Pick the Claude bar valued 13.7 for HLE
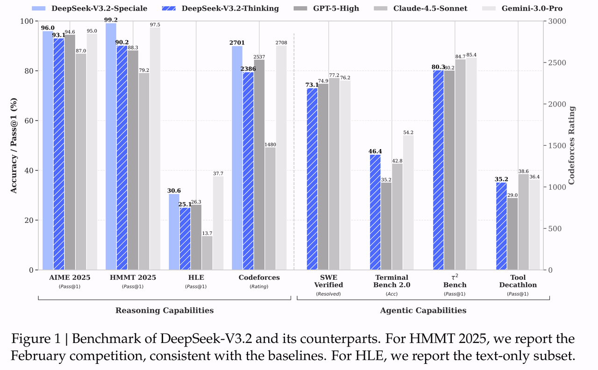tap(207, 253)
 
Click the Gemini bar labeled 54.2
tap(408, 202)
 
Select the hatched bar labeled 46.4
tap(375, 212)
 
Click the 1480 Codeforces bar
tap(270, 208)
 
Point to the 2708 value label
tap(281, 43)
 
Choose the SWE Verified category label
tap(329, 281)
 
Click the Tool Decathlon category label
tap(518, 281)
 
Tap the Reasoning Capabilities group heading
tap(164, 310)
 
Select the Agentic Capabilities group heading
tap(423, 310)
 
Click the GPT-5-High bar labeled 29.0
tap(513, 234)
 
